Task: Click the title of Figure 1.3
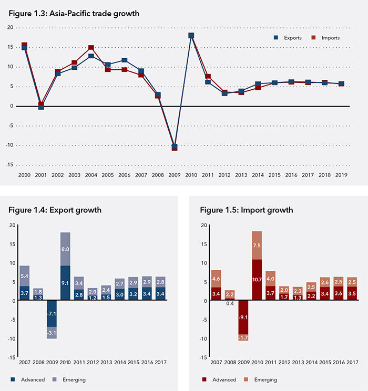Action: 74,14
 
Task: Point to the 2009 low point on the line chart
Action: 175,147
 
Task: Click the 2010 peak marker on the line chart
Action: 191,36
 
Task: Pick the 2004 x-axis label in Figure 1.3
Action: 91,175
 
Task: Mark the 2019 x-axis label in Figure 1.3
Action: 341,175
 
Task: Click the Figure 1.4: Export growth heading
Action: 55,210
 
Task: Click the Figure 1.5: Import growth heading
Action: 247,210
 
